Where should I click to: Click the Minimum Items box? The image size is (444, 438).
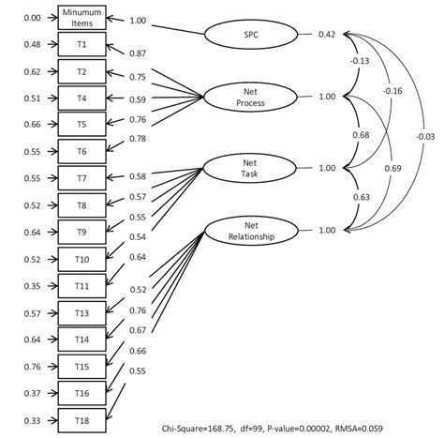[82, 18]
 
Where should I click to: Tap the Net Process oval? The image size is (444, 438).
[248, 96]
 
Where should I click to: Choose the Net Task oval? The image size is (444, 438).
[248, 168]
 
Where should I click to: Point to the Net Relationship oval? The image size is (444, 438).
[248, 231]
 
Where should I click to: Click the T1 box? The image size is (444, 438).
[82, 44]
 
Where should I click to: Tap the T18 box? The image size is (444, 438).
[82, 419]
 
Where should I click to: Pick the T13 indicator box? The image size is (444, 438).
[82, 312]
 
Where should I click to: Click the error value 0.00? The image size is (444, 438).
[30, 18]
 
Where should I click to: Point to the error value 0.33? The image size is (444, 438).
[30, 419]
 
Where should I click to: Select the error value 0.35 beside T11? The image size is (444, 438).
[30, 286]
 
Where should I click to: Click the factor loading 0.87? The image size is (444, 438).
[137, 54]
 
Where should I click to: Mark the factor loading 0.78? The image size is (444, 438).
[137, 139]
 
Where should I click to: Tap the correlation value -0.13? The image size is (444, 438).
[359, 61]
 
